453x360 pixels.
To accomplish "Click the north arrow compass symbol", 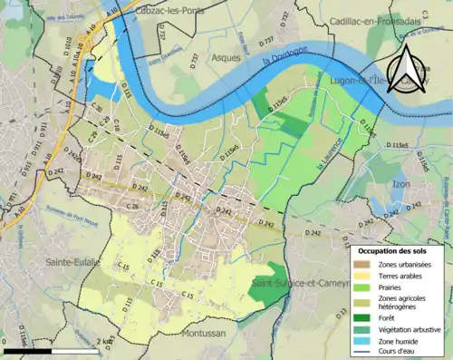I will [404, 72].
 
